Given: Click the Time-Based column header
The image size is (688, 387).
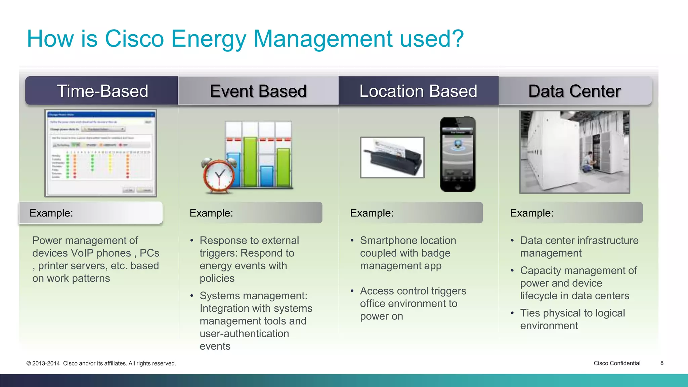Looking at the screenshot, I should tap(102, 91).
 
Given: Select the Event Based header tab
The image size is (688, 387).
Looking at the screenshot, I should tap(258, 91).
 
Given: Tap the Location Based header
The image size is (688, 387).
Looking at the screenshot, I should tap(418, 91).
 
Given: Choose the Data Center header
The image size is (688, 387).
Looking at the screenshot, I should tap(574, 91).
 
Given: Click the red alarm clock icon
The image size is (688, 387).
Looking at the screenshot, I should tap(219, 176).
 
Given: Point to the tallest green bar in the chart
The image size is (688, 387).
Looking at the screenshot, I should tap(250, 161).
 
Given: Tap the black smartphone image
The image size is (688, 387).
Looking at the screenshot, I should tap(458, 154).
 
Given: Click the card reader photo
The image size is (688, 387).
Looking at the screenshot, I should tap(392, 157).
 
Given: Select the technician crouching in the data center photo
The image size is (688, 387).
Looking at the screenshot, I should tap(587, 163).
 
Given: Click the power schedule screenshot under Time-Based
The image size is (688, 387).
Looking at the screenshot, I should tap(101, 153).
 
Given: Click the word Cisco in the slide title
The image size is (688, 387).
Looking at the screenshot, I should tap(134, 39).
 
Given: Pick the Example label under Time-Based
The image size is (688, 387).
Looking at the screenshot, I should tap(51, 213).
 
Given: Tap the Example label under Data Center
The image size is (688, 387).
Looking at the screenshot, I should tap(531, 213).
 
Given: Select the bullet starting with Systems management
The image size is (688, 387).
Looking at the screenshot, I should tap(254, 296).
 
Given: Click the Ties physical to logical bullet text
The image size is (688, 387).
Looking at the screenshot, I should tap(572, 313).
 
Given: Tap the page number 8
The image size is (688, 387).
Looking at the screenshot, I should tap(662, 363).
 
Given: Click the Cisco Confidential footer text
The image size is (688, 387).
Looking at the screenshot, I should tap(617, 363).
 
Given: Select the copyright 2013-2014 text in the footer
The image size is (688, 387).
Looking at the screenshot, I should tap(46, 363).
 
